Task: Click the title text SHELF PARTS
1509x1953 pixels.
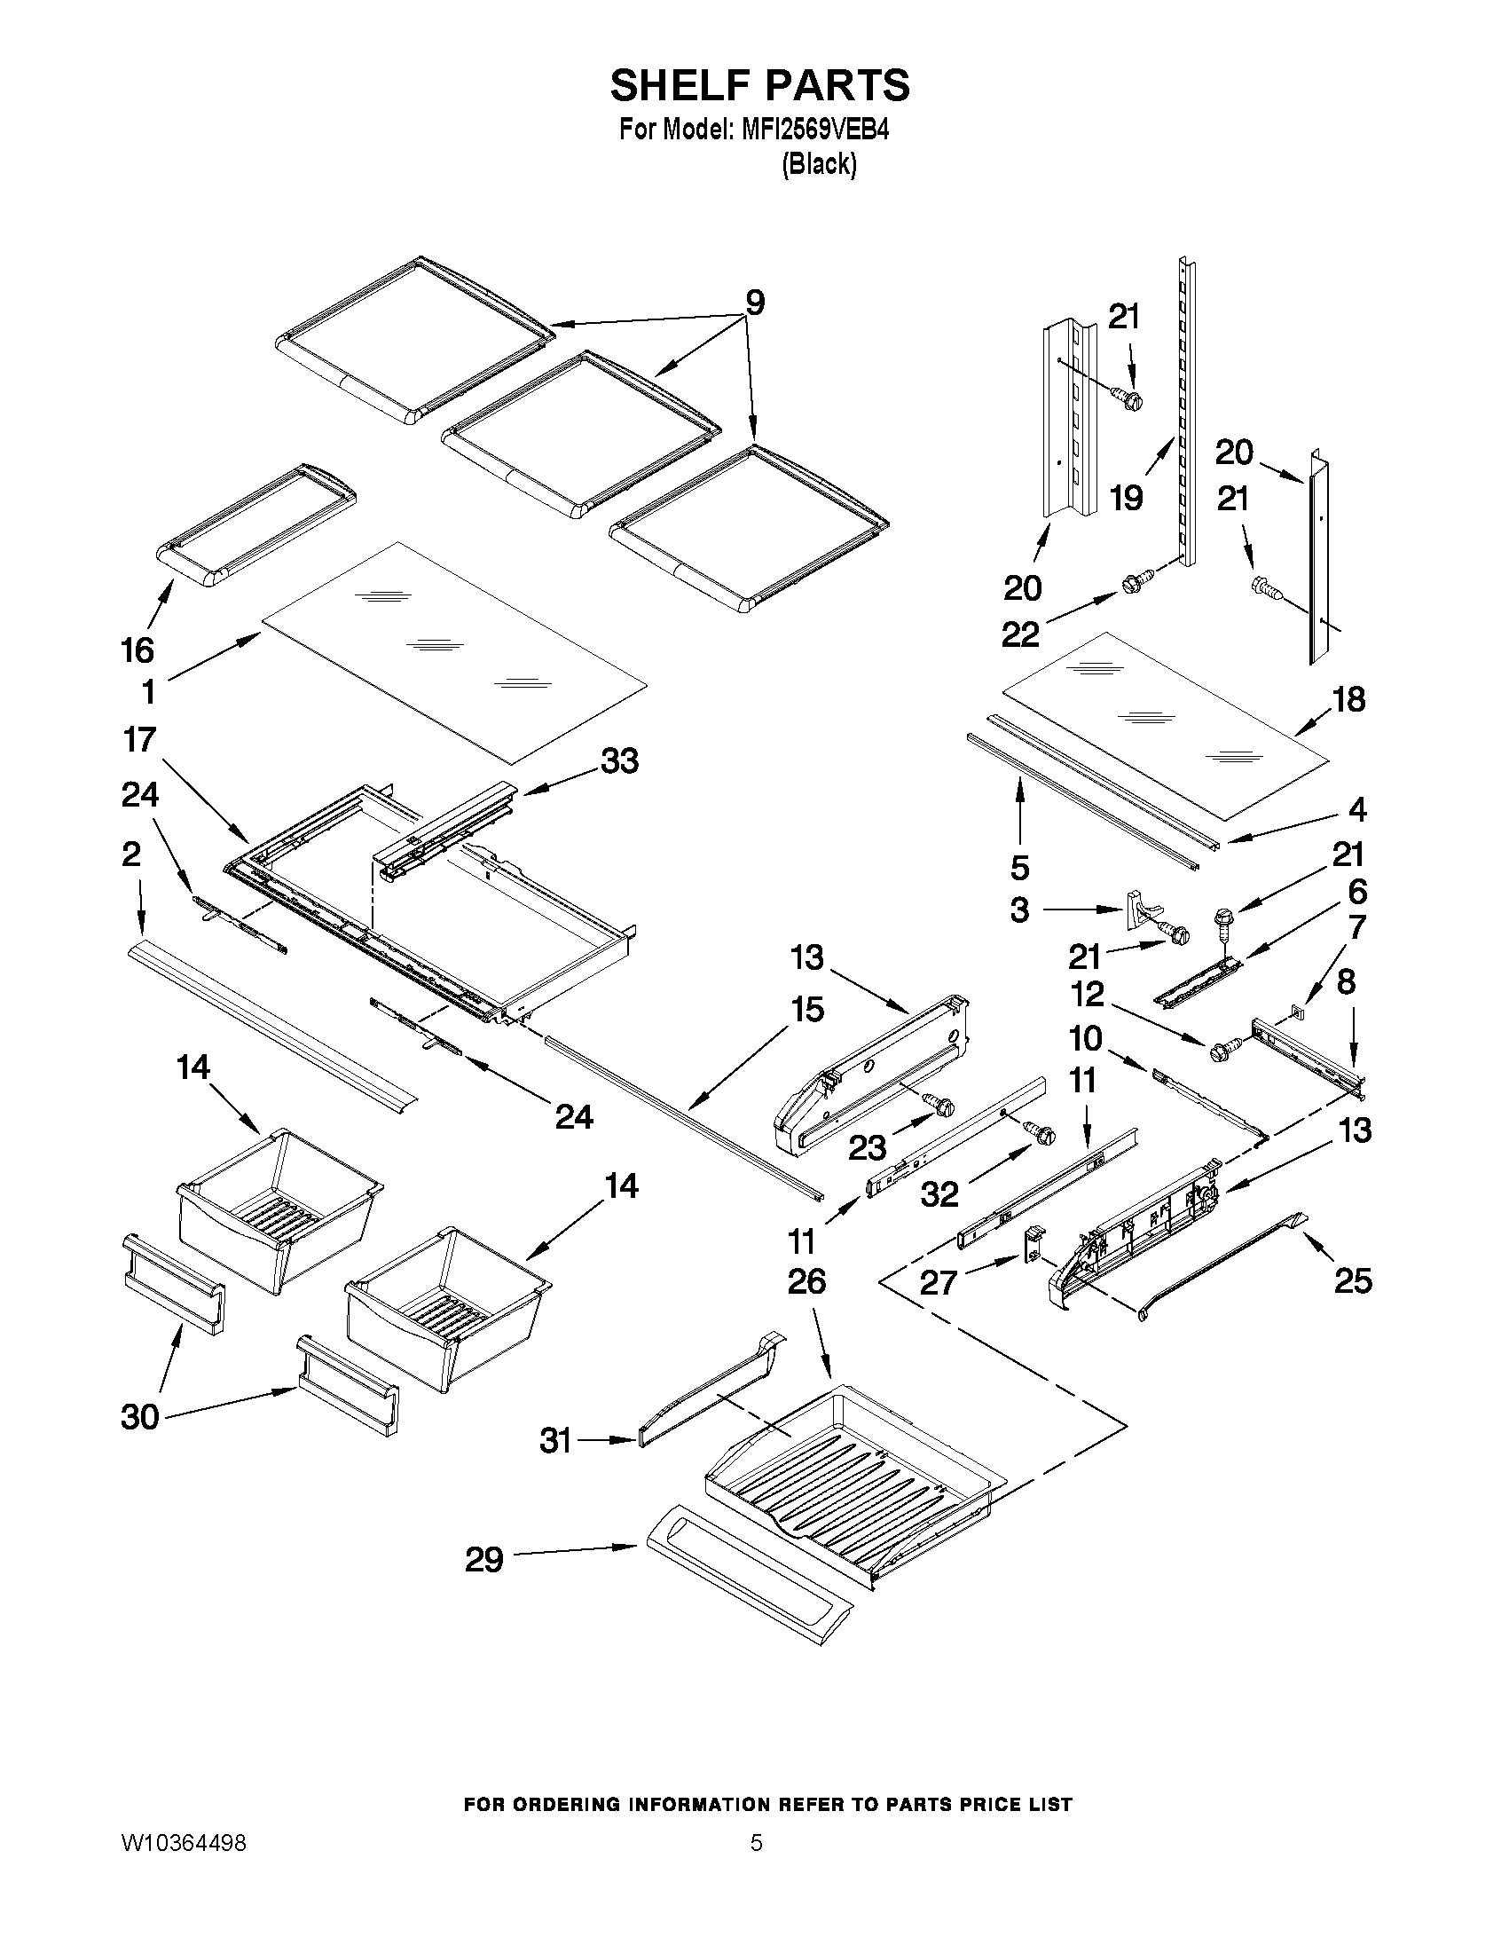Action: point(760,86)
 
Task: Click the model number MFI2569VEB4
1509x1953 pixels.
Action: point(814,130)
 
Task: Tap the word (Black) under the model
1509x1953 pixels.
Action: point(819,165)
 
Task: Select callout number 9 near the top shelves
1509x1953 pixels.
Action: point(756,304)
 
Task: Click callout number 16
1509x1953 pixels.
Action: point(138,650)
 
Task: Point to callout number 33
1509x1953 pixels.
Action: point(619,761)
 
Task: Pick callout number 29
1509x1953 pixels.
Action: point(484,1561)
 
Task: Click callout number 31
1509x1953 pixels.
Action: point(555,1441)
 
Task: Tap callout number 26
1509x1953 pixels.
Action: point(806,1282)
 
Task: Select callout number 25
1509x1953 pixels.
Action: point(1353,1280)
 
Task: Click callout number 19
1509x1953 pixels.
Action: point(1127,497)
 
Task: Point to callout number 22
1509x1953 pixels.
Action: point(1020,634)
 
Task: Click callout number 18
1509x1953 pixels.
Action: point(1349,699)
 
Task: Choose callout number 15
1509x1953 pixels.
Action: point(807,1010)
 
